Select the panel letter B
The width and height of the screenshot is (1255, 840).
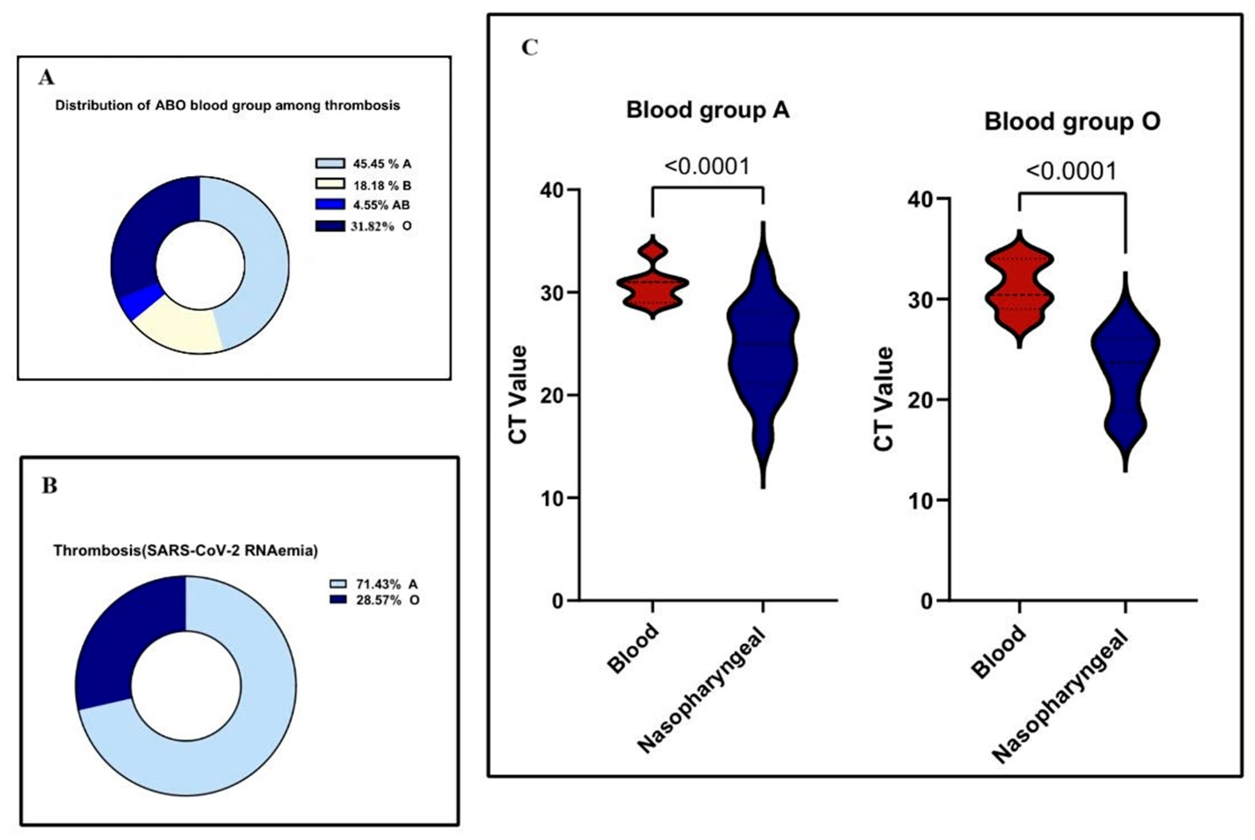click(49, 486)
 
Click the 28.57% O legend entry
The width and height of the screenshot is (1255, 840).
click(374, 600)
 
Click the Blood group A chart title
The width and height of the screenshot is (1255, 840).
click(708, 111)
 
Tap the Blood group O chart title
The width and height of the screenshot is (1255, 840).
click(1072, 122)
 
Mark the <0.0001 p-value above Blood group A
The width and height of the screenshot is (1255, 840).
click(707, 167)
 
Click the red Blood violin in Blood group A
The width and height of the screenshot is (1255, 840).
click(652, 284)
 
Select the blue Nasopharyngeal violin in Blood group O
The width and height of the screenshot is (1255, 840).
click(1125, 375)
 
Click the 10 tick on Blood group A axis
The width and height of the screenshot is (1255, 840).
click(554, 498)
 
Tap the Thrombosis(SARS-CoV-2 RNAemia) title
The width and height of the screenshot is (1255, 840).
click(186, 551)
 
